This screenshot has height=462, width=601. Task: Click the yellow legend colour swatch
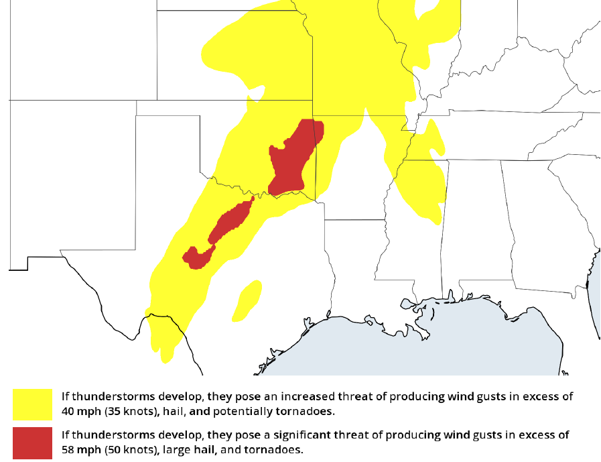point(32,404)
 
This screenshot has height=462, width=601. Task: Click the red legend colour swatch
point(32,443)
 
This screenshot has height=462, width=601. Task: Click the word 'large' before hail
point(174,449)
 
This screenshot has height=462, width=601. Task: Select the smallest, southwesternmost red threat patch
point(196,257)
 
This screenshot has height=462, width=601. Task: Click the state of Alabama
point(476,221)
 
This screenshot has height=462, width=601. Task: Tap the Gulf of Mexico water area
point(415,349)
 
